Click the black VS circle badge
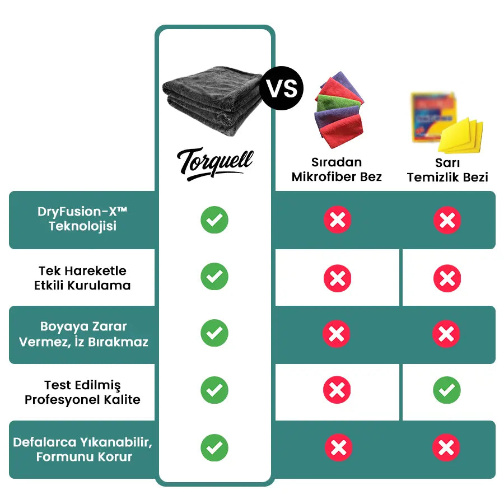tap(282, 88)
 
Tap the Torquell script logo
tap(215, 164)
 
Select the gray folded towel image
tap(213, 101)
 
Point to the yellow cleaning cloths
tap(460, 136)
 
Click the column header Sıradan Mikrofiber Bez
tap(337, 169)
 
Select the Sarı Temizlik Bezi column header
tap(447, 170)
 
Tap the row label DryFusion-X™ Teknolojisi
tap(82, 218)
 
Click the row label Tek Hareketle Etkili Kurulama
tap(82, 278)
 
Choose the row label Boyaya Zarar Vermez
tap(83, 334)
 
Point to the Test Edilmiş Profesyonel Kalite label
tap(82, 393)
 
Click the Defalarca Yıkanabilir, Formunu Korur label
tap(83, 449)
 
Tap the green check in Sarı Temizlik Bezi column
tap(447, 390)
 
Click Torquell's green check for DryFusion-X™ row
tap(214, 220)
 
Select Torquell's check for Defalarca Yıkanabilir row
tap(214, 448)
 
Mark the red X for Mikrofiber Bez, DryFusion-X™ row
tap(338, 220)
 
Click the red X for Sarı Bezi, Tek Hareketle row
tap(447, 278)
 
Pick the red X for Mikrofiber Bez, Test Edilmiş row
tap(337, 390)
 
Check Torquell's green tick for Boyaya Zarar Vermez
tap(214, 333)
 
